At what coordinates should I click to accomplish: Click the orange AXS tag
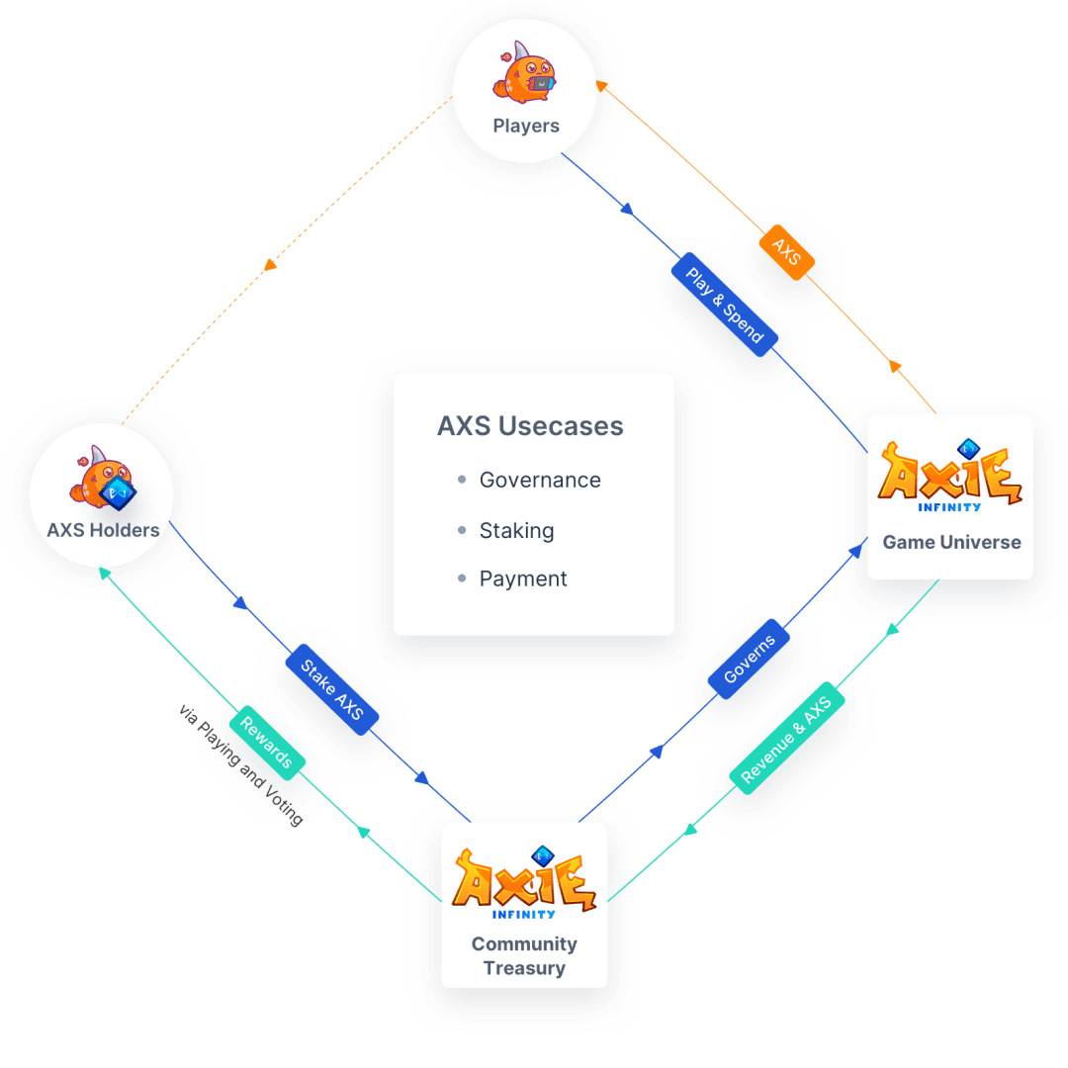click(787, 252)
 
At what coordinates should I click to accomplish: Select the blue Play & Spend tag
click(724, 305)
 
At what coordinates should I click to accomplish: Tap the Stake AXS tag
click(331, 689)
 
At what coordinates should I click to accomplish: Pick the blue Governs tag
click(749, 659)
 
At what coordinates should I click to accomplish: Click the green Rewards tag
click(266, 743)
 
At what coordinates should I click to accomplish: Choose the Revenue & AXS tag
click(787, 739)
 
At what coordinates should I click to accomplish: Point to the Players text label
click(526, 126)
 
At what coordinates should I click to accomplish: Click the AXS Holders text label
click(103, 530)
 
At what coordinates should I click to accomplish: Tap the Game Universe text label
click(951, 542)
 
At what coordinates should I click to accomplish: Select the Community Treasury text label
click(524, 955)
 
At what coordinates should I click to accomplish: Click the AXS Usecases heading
click(530, 425)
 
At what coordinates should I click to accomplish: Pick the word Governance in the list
click(540, 481)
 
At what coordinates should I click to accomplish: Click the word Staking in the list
click(517, 531)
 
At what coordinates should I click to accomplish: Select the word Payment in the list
click(523, 578)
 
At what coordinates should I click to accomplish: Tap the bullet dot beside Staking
click(462, 530)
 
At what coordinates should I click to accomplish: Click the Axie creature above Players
click(524, 73)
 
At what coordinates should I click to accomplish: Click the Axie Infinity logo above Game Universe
click(950, 476)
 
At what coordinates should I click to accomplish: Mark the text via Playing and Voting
click(240, 764)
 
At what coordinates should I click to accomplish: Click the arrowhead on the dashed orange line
click(270, 264)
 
